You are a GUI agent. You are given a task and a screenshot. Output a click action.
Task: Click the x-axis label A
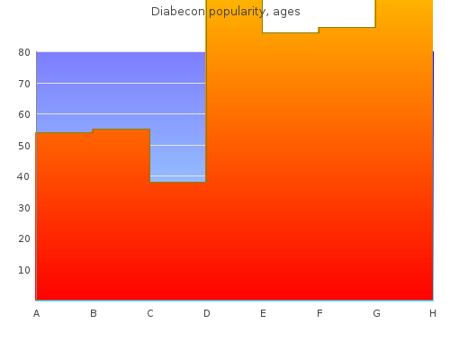[36, 313]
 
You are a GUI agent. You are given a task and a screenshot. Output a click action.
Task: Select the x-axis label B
[94, 313]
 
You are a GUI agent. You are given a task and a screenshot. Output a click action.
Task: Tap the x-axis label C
[150, 313]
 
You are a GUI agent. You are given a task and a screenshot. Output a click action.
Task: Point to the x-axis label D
[207, 313]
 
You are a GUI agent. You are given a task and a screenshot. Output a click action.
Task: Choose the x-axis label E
[263, 313]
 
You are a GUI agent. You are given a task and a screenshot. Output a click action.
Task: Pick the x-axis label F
[319, 313]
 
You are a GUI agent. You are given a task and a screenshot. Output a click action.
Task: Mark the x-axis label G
[376, 313]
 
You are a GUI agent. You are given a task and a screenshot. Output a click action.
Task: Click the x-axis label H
[433, 313]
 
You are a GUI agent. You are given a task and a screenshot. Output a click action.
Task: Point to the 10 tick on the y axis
[24, 270]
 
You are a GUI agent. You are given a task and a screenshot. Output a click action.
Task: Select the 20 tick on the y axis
[24, 238]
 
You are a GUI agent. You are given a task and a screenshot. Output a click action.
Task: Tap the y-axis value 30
[24, 208]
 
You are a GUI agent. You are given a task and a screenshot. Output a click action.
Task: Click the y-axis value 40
[23, 176]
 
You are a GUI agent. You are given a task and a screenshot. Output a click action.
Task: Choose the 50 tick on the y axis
[24, 146]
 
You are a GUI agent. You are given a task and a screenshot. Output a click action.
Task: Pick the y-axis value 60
[24, 114]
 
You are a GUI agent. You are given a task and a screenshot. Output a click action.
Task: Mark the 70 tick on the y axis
[24, 84]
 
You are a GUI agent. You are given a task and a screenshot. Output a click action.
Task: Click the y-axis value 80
[24, 52]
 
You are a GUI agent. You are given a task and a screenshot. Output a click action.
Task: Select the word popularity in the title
[237, 12]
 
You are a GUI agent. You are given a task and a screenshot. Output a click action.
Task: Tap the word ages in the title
[286, 13]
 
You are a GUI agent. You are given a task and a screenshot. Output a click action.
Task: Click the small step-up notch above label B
[93, 130]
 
